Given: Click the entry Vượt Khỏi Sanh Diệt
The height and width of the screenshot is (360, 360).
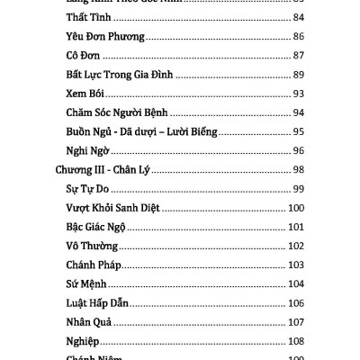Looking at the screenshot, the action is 113,207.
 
